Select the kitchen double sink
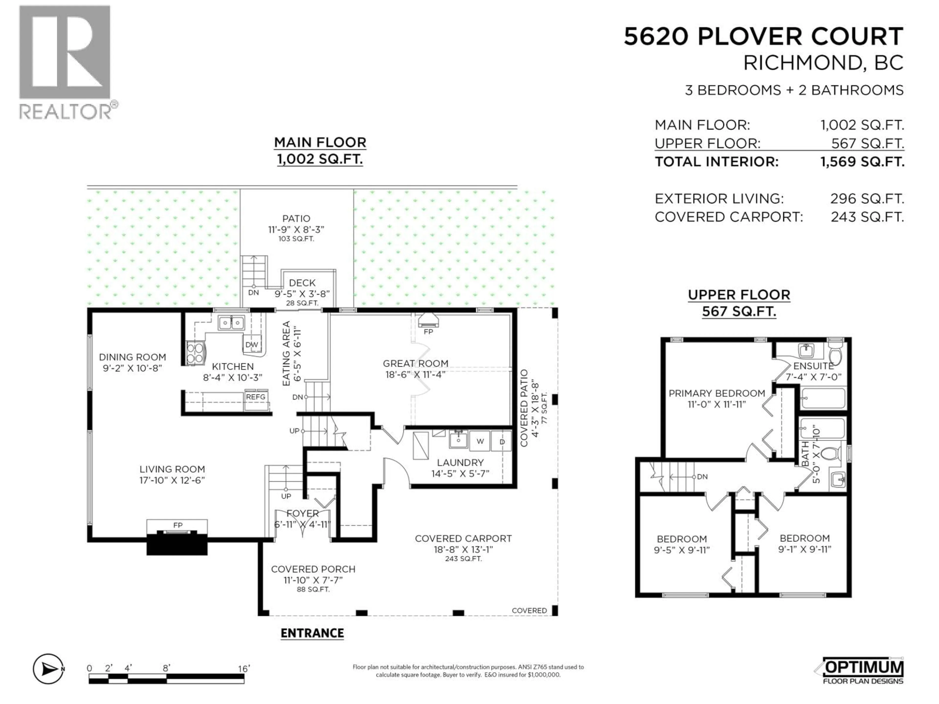tap(231, 323)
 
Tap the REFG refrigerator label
tap(256, 397)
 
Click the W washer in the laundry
tap(480, 441)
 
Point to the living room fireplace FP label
tap(178, 525)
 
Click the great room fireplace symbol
tap(428, 321)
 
